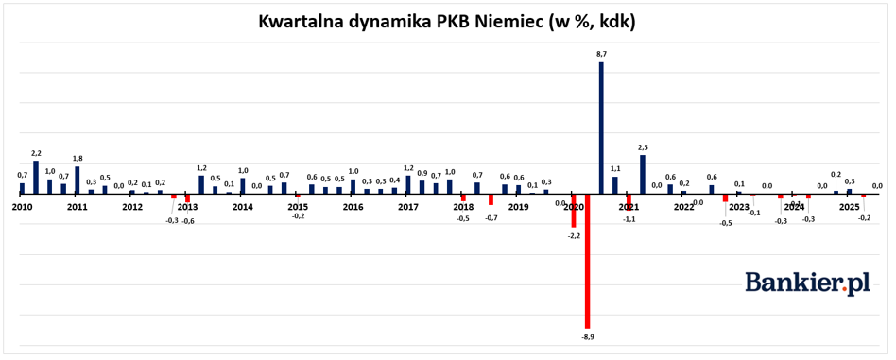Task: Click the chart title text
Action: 447,21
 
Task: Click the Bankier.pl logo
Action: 807,282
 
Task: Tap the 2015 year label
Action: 298,207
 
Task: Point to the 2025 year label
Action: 849,207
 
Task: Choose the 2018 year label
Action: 463,207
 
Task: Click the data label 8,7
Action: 601,55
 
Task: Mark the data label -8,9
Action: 587,335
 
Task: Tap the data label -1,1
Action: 629,219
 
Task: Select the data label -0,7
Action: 491,218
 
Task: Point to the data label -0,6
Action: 188,220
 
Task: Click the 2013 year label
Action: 187,207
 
